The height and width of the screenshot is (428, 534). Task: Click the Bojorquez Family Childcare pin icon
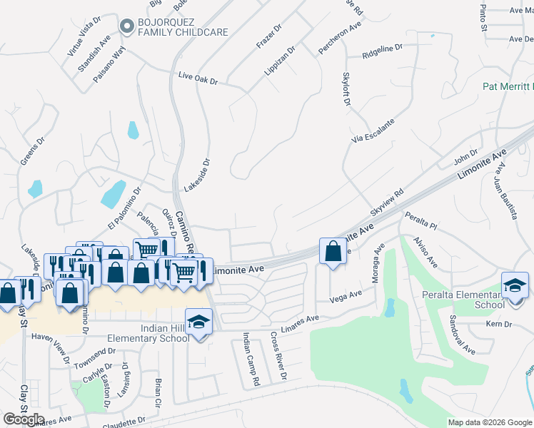[128, 26]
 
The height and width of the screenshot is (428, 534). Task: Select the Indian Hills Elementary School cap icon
[199, 322]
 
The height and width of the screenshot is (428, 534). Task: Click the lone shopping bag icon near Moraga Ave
[333, 250]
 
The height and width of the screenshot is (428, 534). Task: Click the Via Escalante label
[372, 130]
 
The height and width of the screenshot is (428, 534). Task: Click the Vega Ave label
[346, 296]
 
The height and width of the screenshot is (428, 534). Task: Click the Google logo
[24, 419]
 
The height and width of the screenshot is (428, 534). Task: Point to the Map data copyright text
[490, 422]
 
